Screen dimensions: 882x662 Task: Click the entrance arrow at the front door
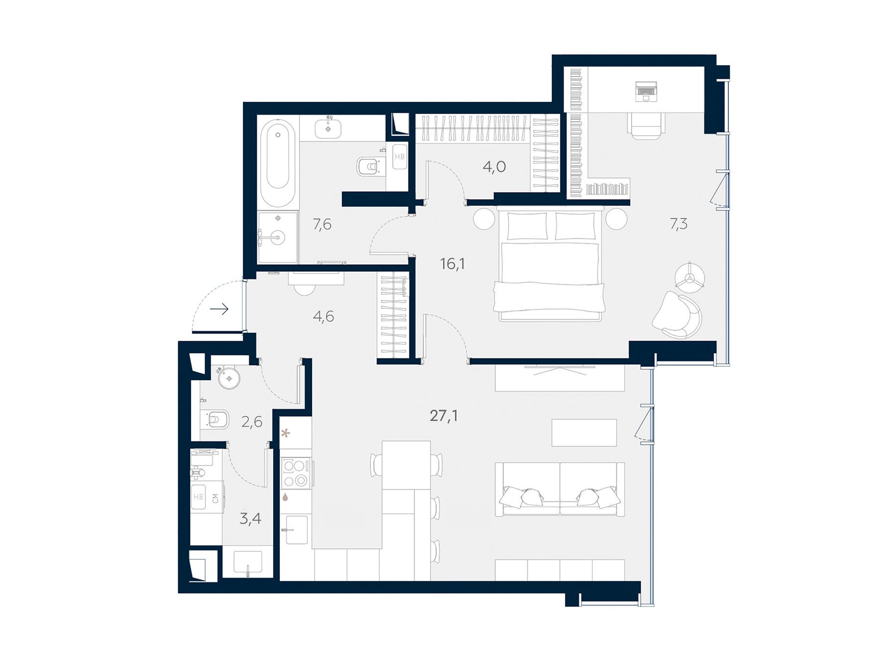pos(220,309)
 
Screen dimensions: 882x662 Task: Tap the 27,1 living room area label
pos(444,416)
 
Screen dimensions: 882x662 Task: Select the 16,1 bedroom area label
pos(452,264)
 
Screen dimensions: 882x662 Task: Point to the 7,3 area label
pos(679,224)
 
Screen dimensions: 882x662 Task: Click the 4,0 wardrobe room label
pos(494,167)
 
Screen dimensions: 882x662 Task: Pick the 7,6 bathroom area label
pos(322,225)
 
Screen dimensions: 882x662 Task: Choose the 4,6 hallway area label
pos(323,317)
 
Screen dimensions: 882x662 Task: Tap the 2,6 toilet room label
pos(252,422)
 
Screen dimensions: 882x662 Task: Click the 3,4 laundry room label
pos(250,519)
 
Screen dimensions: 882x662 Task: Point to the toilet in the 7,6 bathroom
pos(368,167)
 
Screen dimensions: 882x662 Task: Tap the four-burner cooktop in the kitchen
pos(295,473)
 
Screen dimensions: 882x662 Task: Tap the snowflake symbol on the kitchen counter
pos(285,433)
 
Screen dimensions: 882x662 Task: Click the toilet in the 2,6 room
pos(215,420)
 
